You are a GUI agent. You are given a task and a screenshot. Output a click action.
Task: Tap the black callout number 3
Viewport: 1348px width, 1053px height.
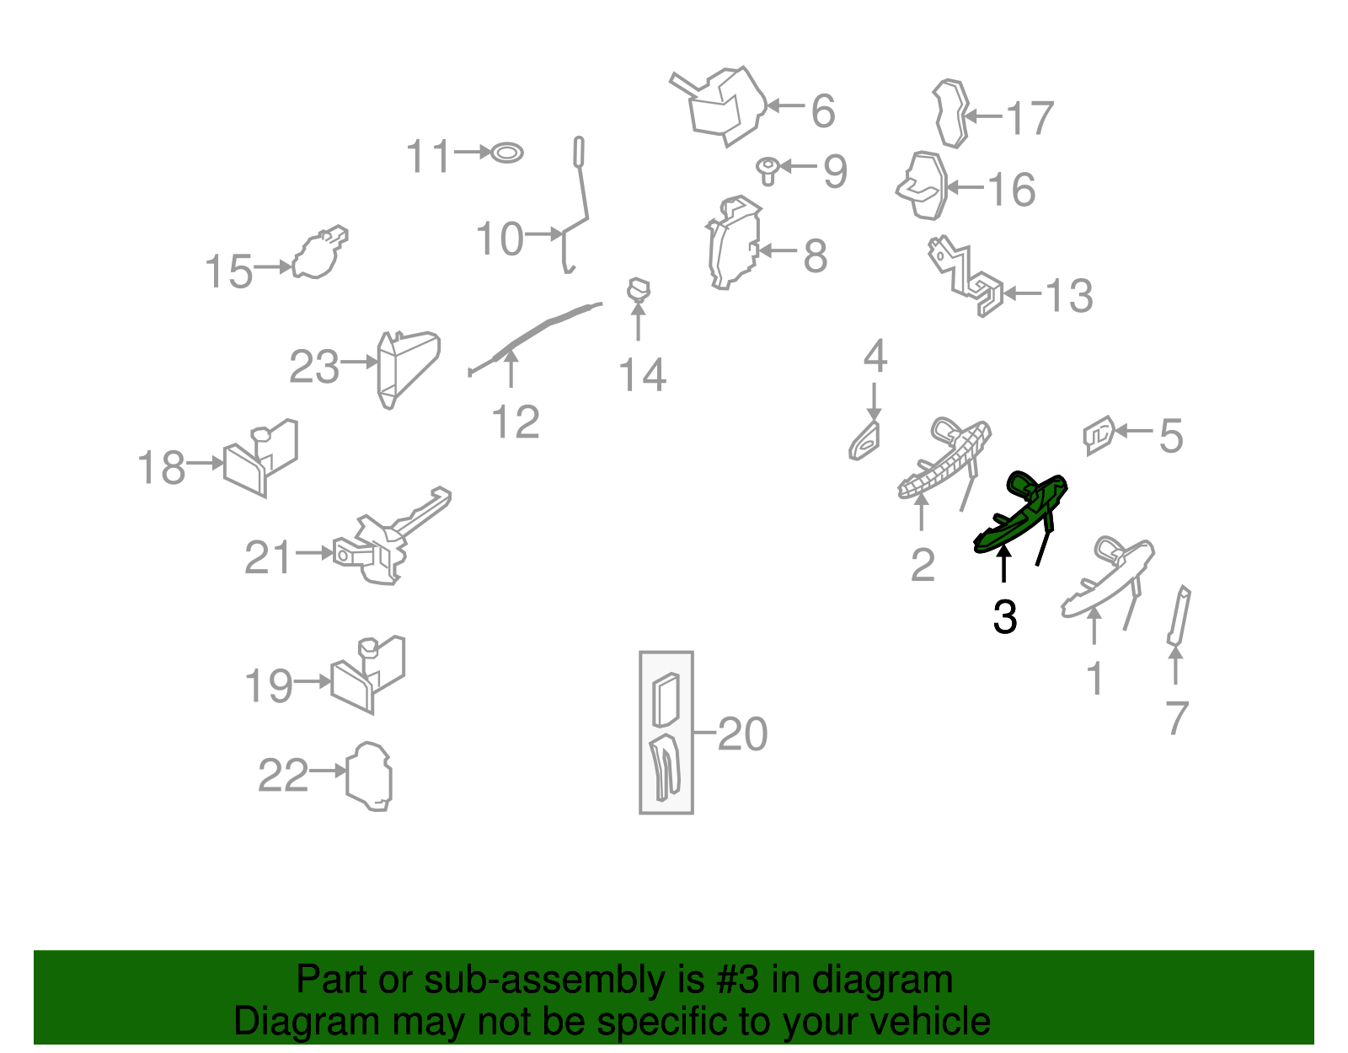coord(1004,617)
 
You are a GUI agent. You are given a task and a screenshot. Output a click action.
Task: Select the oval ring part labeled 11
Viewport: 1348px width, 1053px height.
coord(507,153)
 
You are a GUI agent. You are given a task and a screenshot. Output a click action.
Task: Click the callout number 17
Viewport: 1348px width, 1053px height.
coord(1030,117)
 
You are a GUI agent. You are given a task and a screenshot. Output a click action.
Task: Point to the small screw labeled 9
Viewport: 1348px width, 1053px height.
coord(768,170)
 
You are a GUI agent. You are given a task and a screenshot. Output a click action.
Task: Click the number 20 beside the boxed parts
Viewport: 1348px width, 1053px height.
coord(742,734)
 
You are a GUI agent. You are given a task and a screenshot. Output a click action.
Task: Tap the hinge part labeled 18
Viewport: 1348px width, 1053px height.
coord(261,459)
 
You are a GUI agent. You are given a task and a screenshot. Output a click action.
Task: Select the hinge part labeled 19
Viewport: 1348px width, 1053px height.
coord(368,674)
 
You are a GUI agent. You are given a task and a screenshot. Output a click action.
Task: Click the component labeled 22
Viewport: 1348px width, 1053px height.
coord(368,776)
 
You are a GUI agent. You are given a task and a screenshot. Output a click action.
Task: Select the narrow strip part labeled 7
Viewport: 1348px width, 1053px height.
coord(1179,616)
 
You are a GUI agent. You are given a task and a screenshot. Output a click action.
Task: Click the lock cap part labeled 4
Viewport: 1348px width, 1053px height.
coord(864,440)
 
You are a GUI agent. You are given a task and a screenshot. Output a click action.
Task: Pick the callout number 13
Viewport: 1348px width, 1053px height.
coord(1069,295)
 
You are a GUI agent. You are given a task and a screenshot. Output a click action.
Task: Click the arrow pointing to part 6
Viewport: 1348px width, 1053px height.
coord(786,105)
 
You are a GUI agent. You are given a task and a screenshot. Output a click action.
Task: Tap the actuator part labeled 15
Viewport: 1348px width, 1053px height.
coord(318,253)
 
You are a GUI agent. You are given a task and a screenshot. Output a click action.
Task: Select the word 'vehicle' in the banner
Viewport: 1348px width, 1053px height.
coord(930,1021)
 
